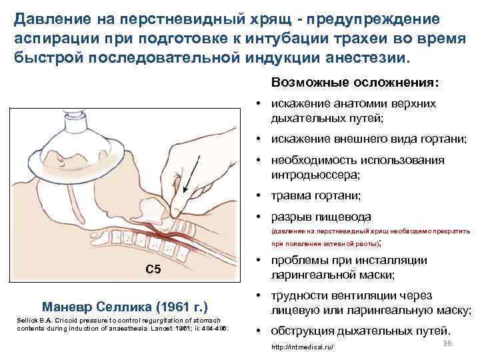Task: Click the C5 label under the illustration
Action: pos(153,269)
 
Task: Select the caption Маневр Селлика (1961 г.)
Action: pos(125,307)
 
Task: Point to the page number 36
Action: pos(447,343)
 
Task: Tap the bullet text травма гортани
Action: pos(315,195)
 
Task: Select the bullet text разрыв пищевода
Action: pos(321,217)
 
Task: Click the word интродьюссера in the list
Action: pos(315,175)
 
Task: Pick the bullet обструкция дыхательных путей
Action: pos(361,331)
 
